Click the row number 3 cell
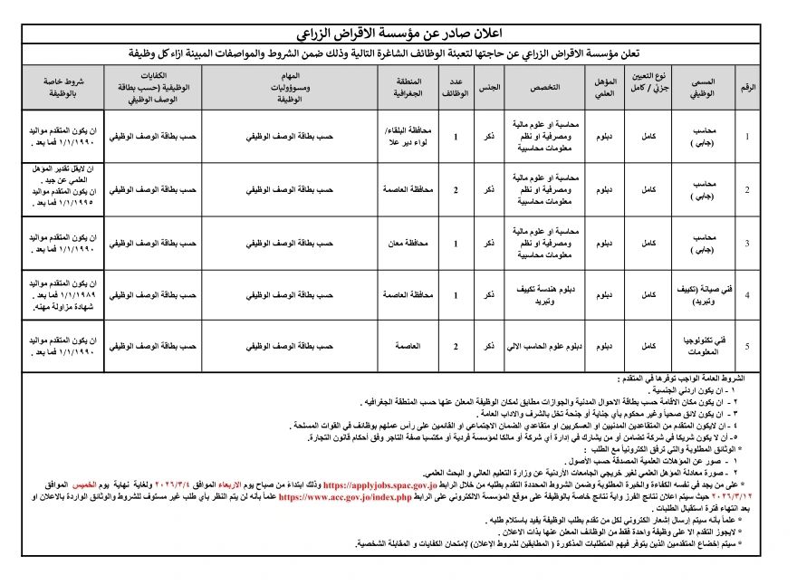pyautogui.click(x=747, y=243)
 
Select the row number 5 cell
pyautogui.click(x=747, y=346)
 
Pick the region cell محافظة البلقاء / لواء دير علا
pyautogui.click(x=413, y=137)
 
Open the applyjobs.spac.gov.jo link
pyautogui.click(x=379, y=486)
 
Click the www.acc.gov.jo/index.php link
pyautogui.click(x=345, y=497)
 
